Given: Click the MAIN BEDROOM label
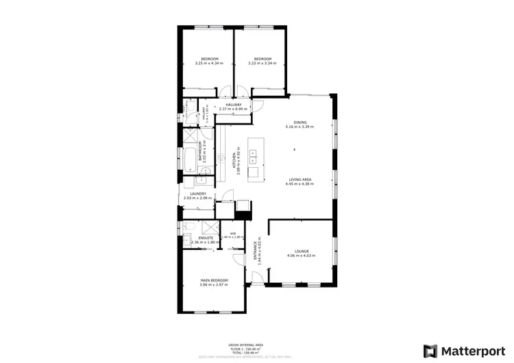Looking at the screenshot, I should click(214, 281).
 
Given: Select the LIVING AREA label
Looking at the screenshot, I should click(300, 179).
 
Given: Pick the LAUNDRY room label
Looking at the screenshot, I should click(197, 194).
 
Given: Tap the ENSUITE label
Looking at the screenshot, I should click(197, 238).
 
